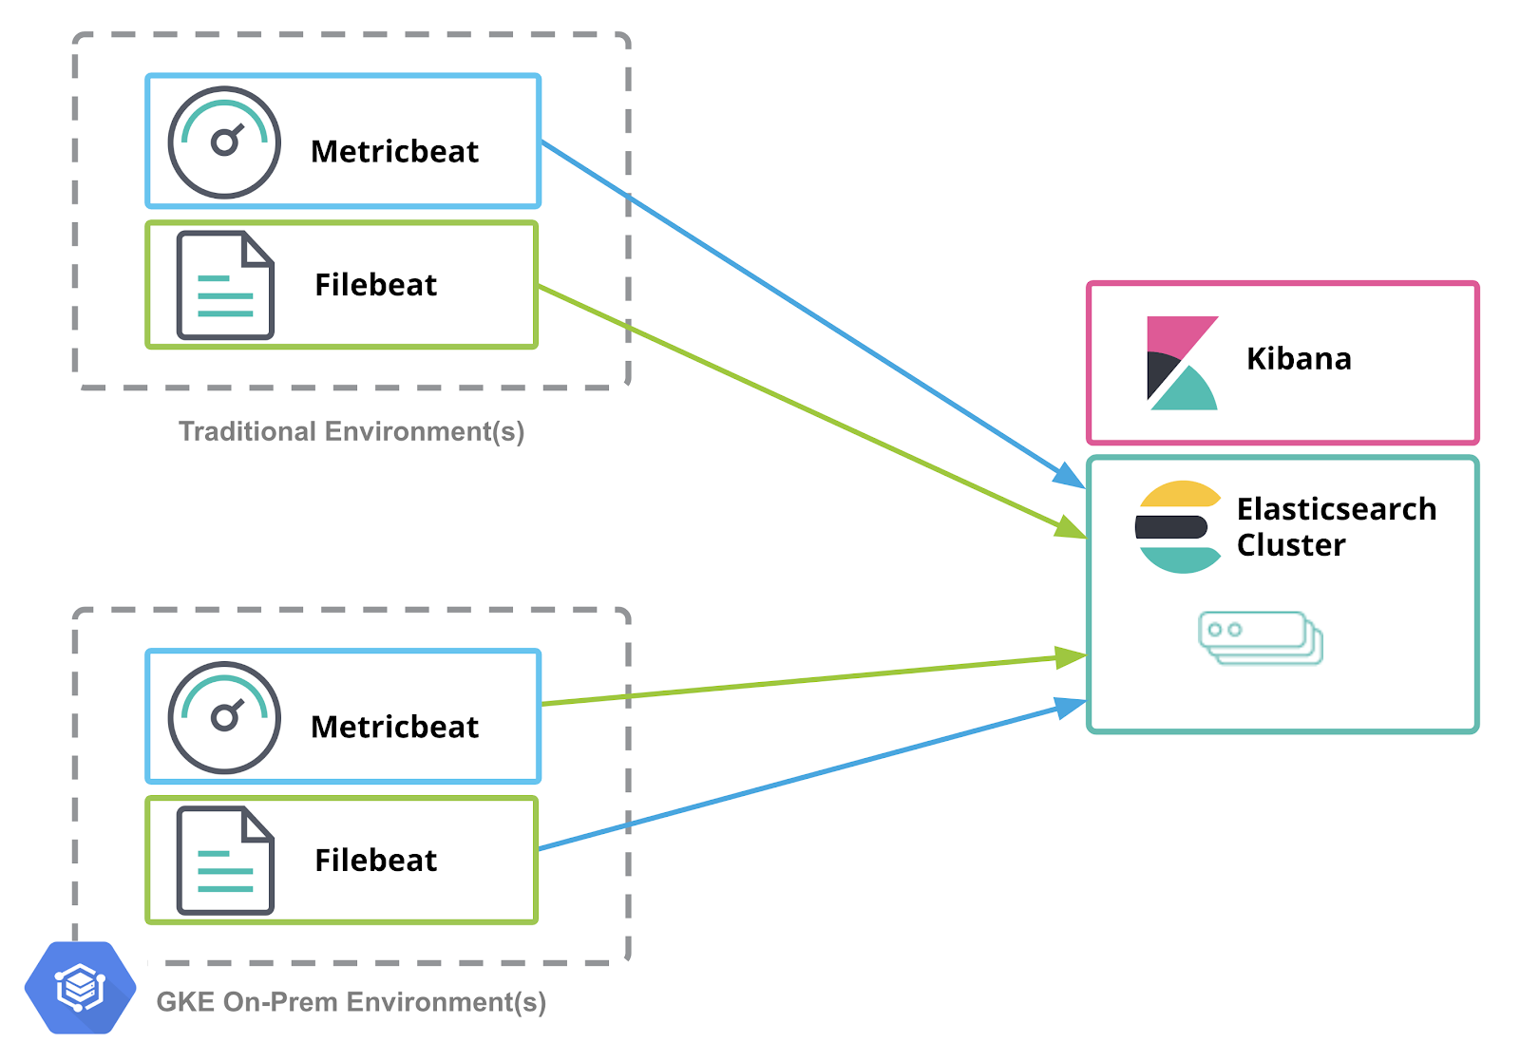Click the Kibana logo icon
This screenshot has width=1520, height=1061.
(1181, 363)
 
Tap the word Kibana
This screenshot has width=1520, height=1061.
(1298, 359)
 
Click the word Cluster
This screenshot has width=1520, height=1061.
(1290, 545)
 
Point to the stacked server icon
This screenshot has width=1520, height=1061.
(1260, 637)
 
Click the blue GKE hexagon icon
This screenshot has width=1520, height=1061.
(80, 988)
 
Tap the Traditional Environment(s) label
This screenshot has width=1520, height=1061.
(351, 431)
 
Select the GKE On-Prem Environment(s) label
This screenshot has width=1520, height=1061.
(351, 1002)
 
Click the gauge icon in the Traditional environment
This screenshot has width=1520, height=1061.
(224, 142)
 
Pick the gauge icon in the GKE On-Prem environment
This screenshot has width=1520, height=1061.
(224, 717)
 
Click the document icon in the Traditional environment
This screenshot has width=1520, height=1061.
(225, 285)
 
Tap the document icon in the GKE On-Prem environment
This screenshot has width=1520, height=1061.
(225, 861)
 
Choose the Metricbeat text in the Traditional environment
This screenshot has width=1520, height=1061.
(394, 152)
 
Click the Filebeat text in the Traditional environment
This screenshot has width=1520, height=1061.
(375, 285)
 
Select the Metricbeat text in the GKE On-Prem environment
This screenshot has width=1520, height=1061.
(394, 728)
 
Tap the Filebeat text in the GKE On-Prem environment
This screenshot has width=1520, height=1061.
(375, 861)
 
